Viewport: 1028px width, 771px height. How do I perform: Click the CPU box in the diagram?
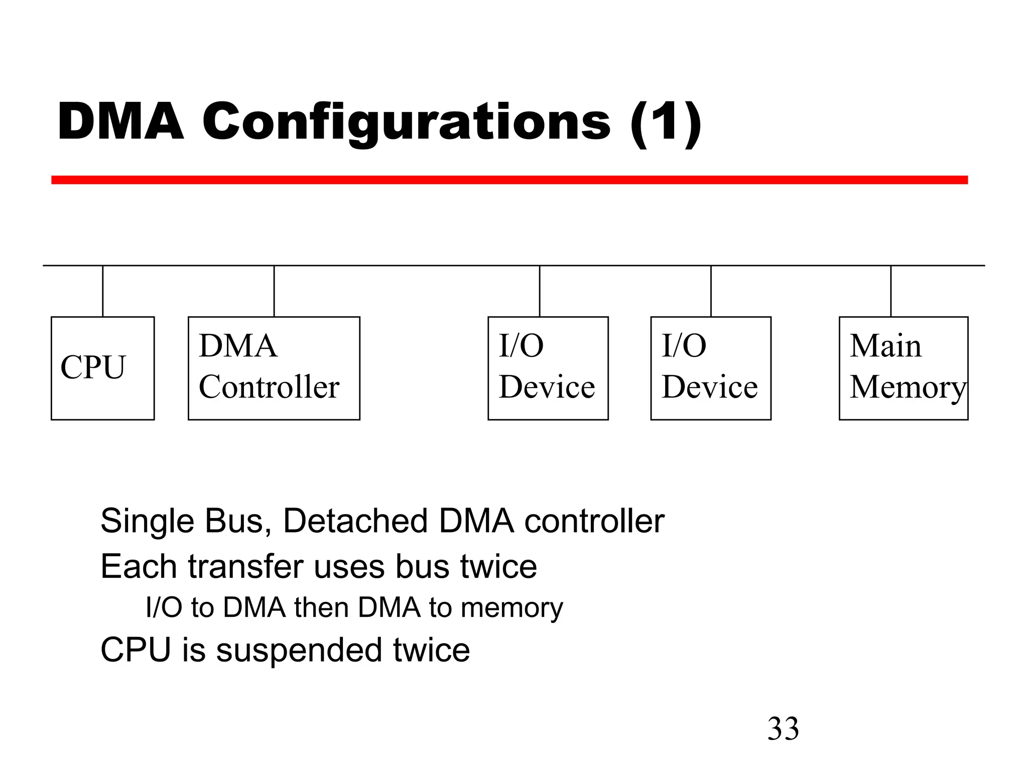click(102, 368)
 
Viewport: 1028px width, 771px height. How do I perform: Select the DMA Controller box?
click(274, 368)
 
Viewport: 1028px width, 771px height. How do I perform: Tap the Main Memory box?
click(903, 368)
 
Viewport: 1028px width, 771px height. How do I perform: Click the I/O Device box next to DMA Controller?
click(548, 368)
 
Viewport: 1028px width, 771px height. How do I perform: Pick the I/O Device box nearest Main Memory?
click(710, 368)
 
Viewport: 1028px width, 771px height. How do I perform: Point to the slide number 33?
click(783, 729)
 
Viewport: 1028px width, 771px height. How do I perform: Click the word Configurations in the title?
click(406, 122)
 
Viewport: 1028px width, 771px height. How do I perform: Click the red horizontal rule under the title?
click(509, 180)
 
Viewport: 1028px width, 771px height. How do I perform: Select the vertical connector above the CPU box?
click(103, 291)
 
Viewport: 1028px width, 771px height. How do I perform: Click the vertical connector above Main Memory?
click(890, 291)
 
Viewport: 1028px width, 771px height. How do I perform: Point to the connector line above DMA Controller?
click(274, 291)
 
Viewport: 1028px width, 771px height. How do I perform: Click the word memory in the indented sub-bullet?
click(511, 608)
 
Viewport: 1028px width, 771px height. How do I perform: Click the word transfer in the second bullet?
click(245, 567)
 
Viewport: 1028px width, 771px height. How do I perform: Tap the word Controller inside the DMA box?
click(269, 387)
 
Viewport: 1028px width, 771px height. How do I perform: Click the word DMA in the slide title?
click(120, 122)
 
